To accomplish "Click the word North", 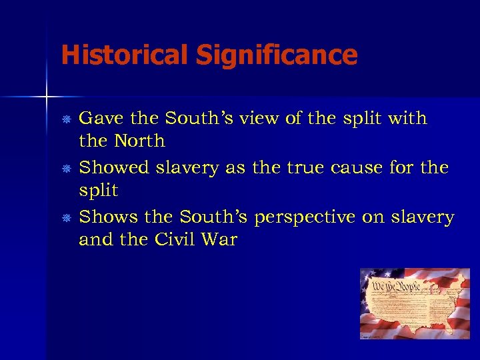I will tap(139, 141).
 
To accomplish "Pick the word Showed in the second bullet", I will tap(114, 168).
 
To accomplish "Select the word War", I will tap(221, 239).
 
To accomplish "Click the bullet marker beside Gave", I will tap(67, 119).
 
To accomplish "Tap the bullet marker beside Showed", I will tap(67, 169).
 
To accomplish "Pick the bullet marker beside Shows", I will tap(67, 218).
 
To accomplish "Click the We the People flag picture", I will tap(415, 303).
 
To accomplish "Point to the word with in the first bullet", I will tap(407, 119).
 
